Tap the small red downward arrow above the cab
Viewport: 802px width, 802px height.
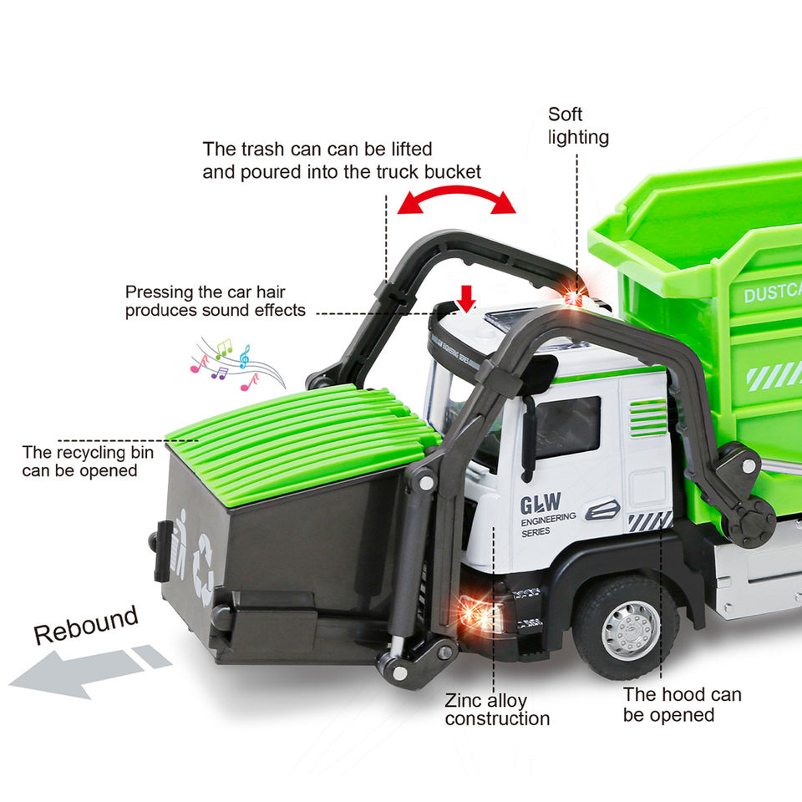coord(466,295)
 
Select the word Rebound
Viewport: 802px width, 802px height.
coord(85,624)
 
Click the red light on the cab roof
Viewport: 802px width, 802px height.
coord(573,297)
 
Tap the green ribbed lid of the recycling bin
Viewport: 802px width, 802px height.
coord(301,434)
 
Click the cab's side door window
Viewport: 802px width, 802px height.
coord(568,427)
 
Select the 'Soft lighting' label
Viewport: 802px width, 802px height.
coord(577,125)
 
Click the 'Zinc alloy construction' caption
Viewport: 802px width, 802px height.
coord(497,709)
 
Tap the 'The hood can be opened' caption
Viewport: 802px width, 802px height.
coord(682,704)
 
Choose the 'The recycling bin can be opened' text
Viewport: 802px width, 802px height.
coord(79,461)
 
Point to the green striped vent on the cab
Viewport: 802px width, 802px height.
coord(648,418)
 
